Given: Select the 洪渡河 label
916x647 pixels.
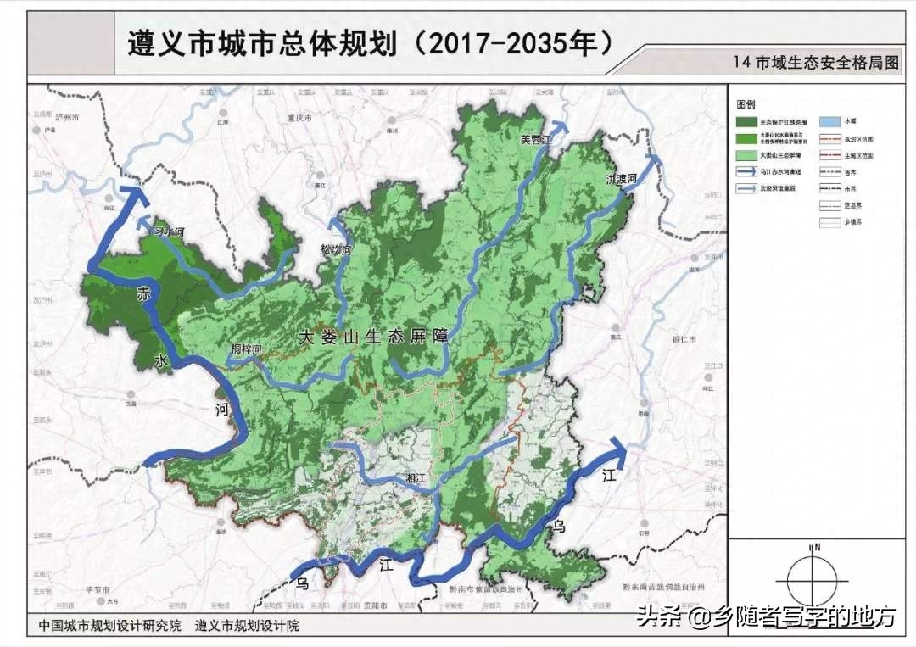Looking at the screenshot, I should point(621,179).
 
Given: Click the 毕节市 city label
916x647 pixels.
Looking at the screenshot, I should point(103,588).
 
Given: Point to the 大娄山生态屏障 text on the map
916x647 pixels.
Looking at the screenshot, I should point(373,337).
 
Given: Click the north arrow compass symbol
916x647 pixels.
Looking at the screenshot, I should point(812,576).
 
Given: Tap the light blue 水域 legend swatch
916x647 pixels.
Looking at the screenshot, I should point(831,122).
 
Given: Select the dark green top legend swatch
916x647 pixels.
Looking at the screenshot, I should point(747,122).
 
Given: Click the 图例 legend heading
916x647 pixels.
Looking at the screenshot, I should point(746,104).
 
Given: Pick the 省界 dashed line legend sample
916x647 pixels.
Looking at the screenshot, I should point(831,173).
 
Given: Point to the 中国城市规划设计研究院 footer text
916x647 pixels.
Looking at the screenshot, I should point(109,627).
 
